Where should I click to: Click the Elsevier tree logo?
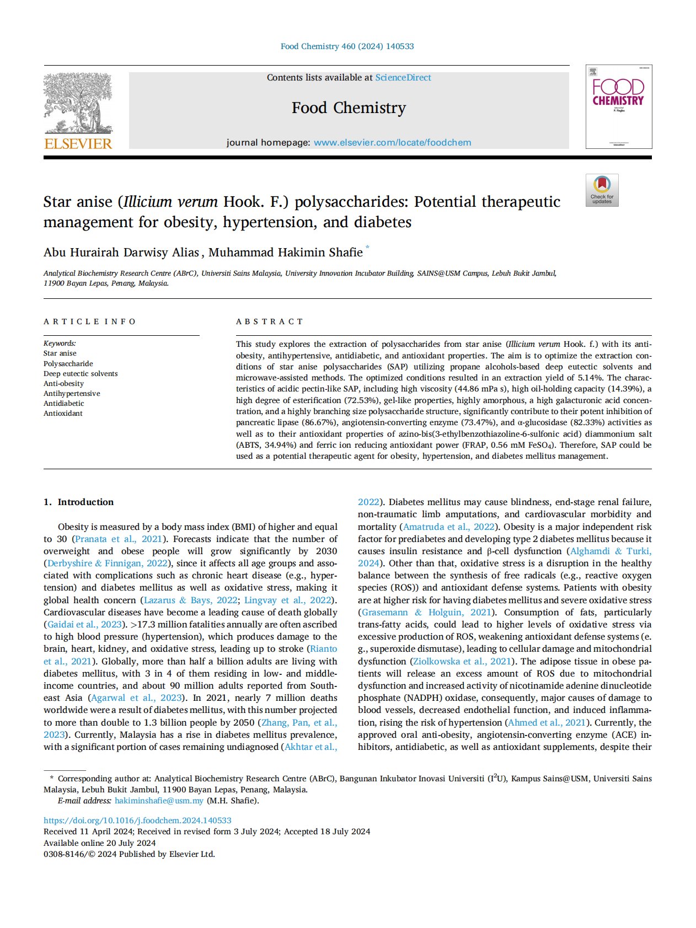pyautogui.click(x=78, y=103)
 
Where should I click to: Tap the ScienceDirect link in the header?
pyautogui.click(x=403, y=78)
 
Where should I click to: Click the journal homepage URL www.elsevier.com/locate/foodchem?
pyautogui.click(x=392, y=142)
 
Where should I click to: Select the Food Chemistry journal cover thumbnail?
pyautogui.click(x=618, y=106)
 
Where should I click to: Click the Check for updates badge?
pyautogui.click(x=602, y=190)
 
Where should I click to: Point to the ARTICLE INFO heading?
pyautogui.click(x=90, y=321)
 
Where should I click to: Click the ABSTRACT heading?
pyautogui.click(x=270, y=321)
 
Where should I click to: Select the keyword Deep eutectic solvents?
pyautogui.click(x=81, y=373)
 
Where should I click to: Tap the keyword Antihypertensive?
pyautogui.click(x=72, y=393)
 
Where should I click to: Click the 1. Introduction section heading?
pyautogui.click(x=78, y=502)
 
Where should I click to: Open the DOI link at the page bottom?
pyautogui.click(x=137, y=820)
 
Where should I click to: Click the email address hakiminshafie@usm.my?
pyautogui.click(x=159, y=801)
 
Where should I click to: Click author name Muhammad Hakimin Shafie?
pyautogui.click(x=285, y=253)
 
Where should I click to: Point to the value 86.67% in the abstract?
pyautogui.click(x=320, y=422)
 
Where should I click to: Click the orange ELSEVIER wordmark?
pyautogui.click(x=78, y=144)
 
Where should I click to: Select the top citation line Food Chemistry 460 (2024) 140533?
pyautogui.click(x=347, y=46)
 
